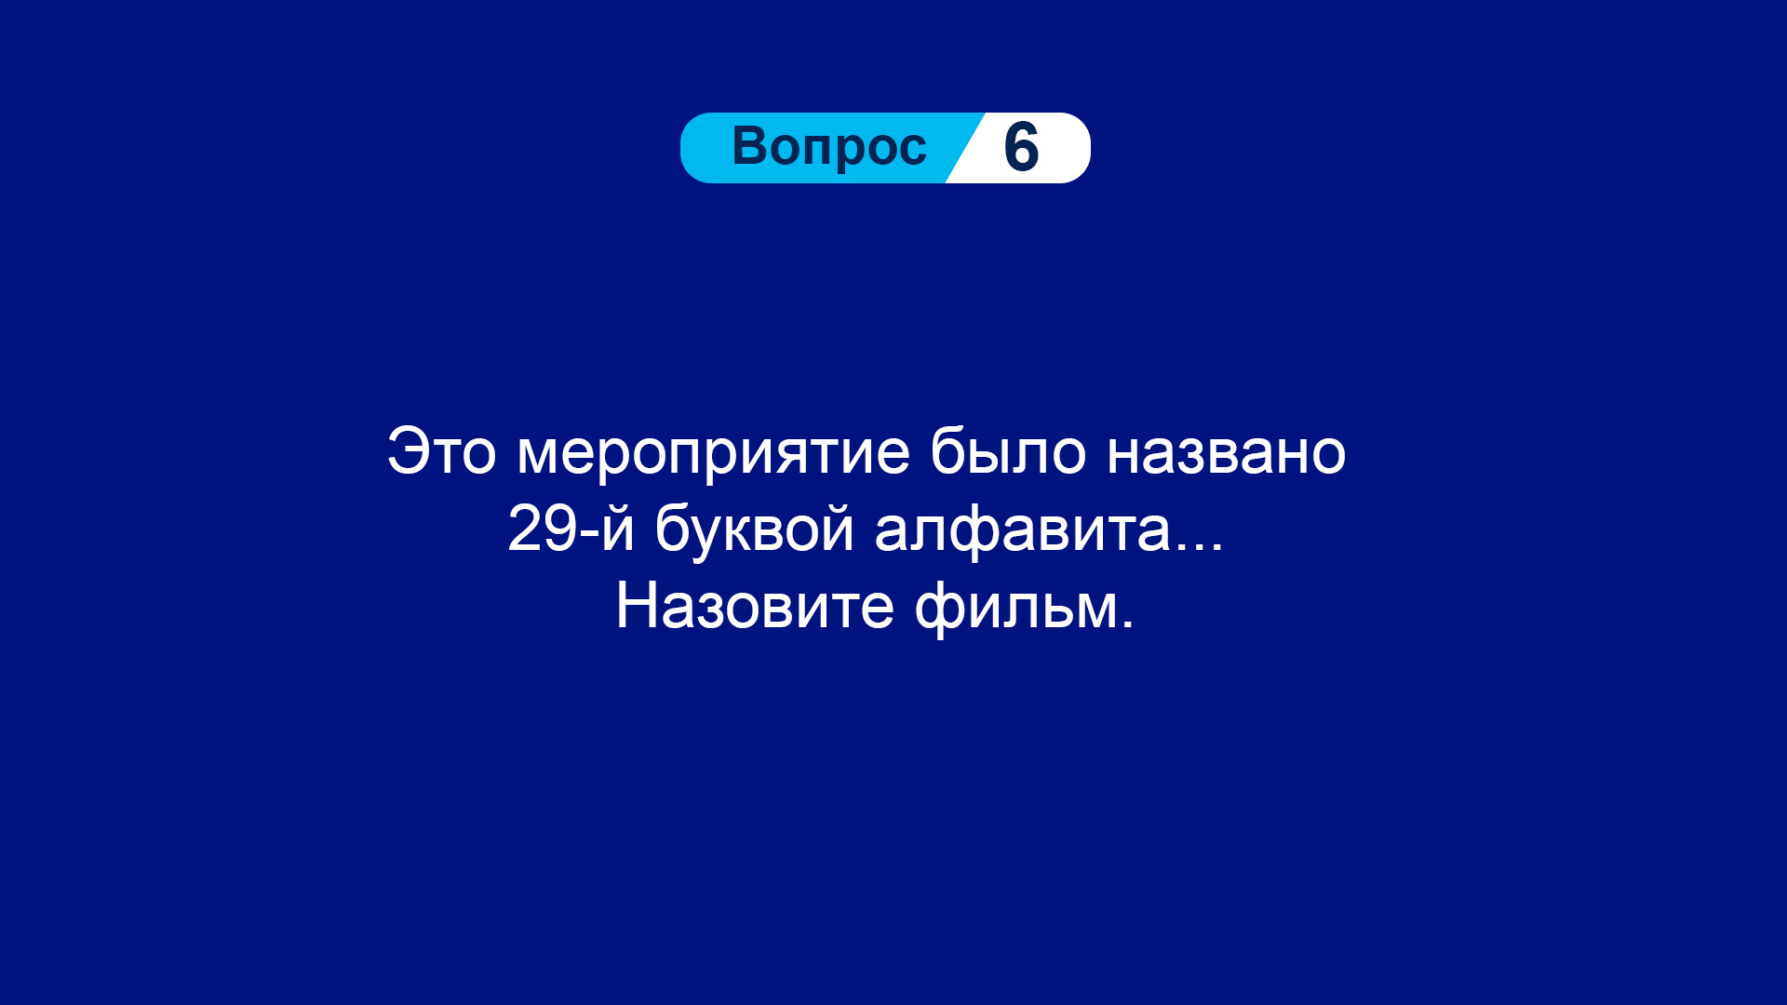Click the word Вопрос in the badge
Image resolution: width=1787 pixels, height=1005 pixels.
pyautogui.click(x=829, y=148)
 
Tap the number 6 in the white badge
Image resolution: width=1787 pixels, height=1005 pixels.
pyautogui.click(x=1021, y=148)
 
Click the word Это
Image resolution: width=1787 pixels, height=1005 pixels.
pyautogui.click(x=441, y=452)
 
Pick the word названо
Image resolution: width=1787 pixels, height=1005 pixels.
pyautogui.click(x=1226, y=453)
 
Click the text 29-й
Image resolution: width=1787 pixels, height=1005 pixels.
pyautogui.click(x=571, y=529)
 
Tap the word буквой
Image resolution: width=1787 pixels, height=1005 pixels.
pyautogui.click(x=754, y=528)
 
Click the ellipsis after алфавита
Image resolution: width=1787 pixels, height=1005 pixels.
pyautogui.click(x=1199, y=548)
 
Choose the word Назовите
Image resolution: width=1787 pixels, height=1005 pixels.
pyautogui.click(x=755, y=607)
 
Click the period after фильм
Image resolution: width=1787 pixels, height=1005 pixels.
pyautogui.click(x=1127, y=625)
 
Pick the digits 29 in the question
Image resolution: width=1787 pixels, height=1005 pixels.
pyautogui.click(x=542, y=529)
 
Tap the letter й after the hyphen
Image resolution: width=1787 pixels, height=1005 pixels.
pyautogui.click(x=617, y=529)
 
